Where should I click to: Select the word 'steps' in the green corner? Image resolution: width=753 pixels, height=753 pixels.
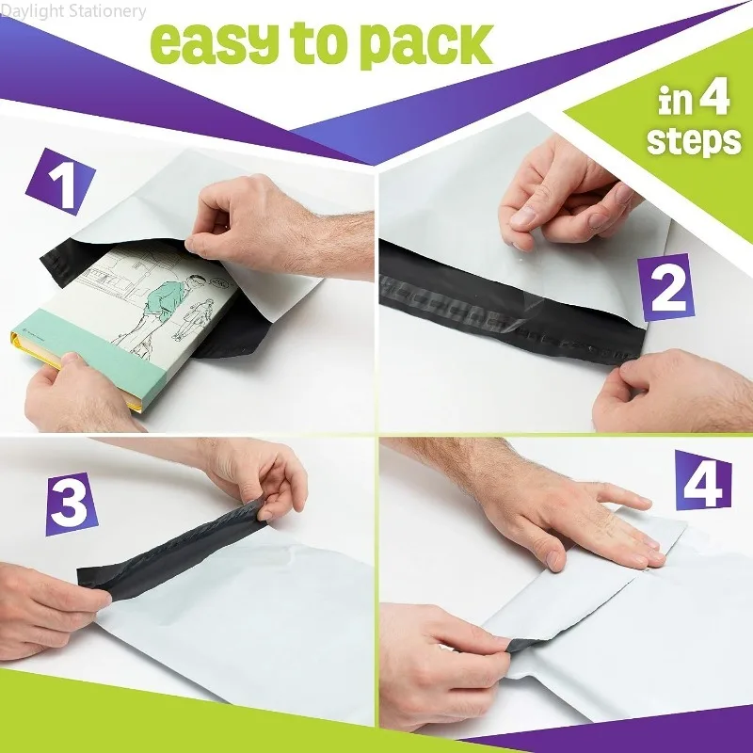[694, 140]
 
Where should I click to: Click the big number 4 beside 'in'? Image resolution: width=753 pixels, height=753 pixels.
[715, 100]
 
